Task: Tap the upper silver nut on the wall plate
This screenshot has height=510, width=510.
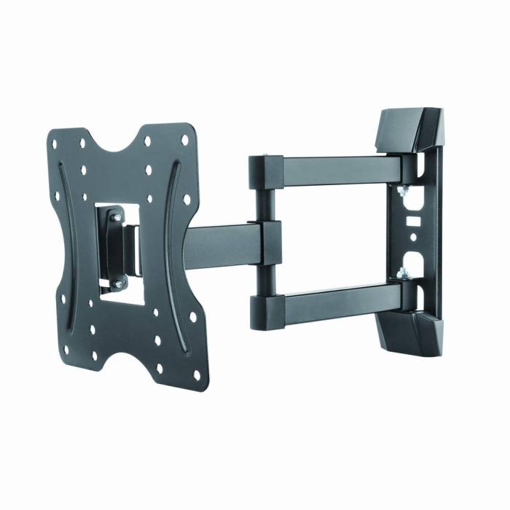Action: [400, 191]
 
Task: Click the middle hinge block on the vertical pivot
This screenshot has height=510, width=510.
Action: [265, 241]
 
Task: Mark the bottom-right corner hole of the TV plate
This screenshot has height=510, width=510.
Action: [197, 374]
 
